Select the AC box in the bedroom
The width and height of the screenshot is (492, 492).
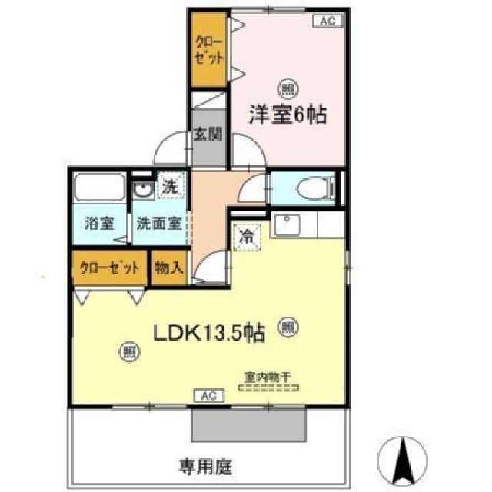click(x=326, y=22)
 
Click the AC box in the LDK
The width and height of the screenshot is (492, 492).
click(x=208, y=396)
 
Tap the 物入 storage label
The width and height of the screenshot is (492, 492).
click(x=168, y=268)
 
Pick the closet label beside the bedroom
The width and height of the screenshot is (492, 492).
click(x=209, y=48)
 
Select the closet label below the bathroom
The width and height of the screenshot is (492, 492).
click(x=109, y=268)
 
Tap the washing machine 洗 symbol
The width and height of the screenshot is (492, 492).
click(x=171, y=185)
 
